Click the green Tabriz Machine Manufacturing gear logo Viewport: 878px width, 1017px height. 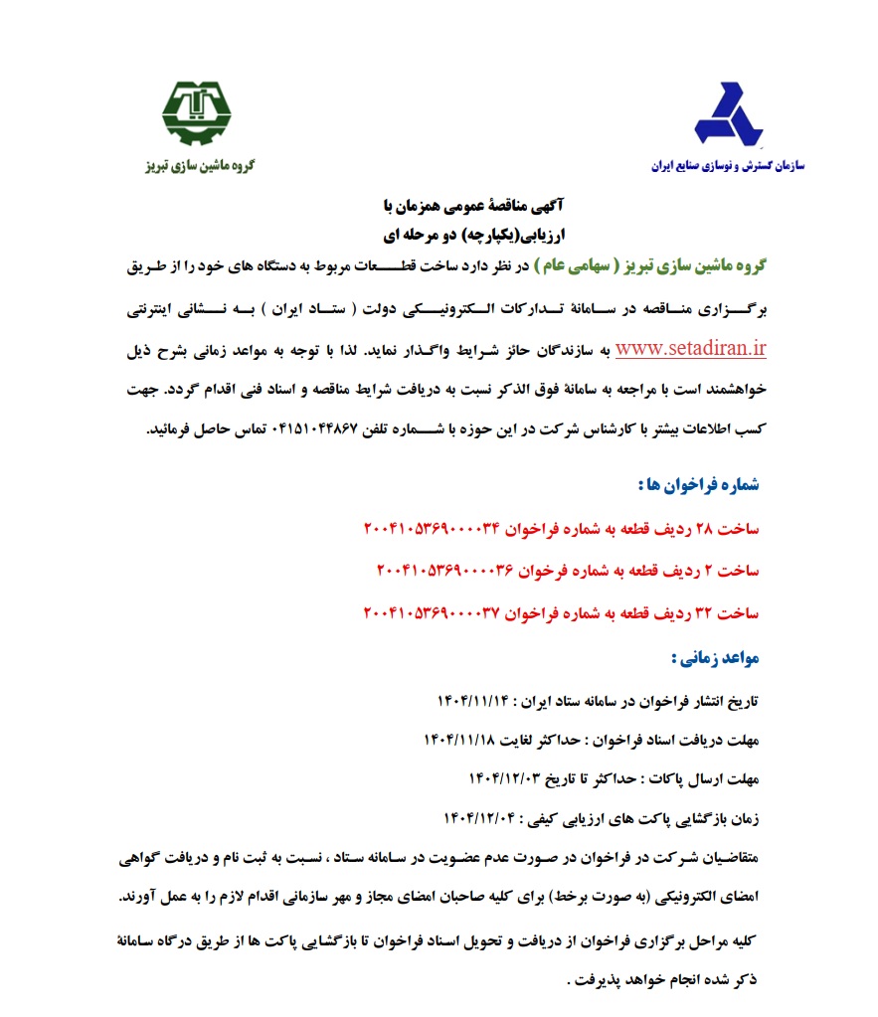pyautogui.click(x=196, y=111)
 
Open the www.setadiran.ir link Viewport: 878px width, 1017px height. pyautogui.click(x=691, y=349)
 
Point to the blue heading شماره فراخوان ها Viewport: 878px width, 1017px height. pyautogui.click(x=697, y=485)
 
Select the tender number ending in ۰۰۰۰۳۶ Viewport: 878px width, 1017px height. pyautogui.click(x=443, y=571)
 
